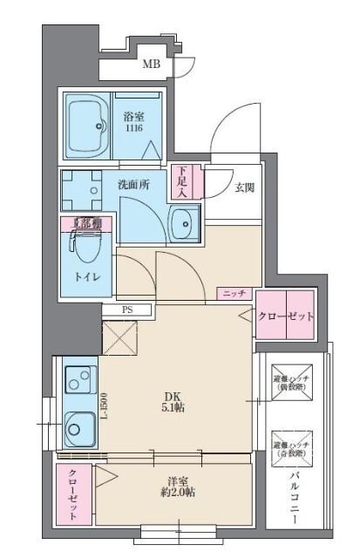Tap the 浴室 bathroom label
pos(132,121)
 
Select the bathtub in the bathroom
pos(86,126)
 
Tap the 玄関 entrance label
pos(244,187)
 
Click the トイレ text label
pos(85,276)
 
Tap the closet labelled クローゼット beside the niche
pos(284,316)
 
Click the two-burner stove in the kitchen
pos(80,381)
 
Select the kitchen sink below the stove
pos(80,427)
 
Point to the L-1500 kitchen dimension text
pos(102,407)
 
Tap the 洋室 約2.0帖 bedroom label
pos(174,487)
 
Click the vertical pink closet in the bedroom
pos(73,494)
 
